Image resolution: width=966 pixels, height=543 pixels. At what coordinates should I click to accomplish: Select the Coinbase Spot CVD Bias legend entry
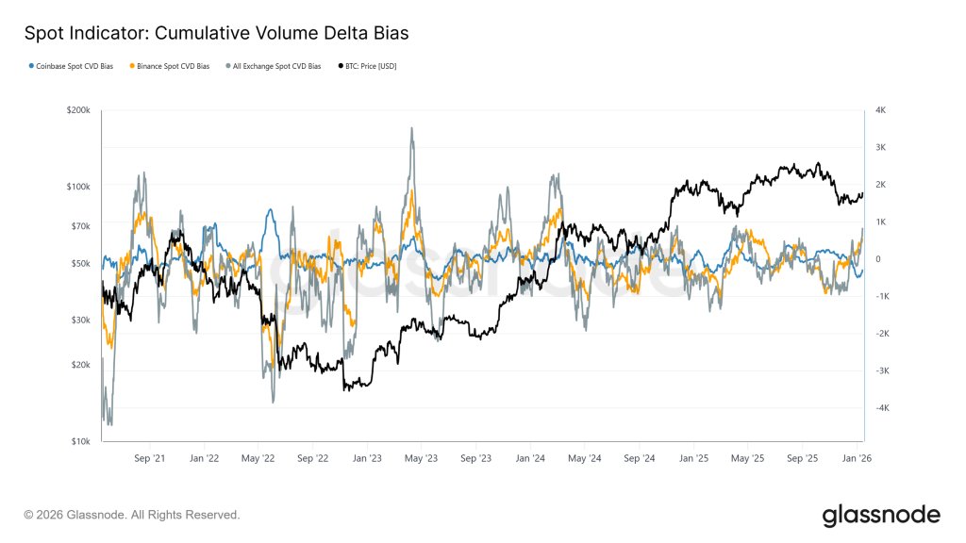pos(72,67)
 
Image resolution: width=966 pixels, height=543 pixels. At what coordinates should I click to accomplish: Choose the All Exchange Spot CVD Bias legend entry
pos(274,67)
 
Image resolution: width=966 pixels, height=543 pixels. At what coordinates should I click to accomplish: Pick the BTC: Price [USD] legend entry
pos(368,67)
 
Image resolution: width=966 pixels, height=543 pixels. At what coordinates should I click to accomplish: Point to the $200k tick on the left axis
pos(78,110)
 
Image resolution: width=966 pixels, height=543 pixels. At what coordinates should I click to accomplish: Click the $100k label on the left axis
pos(78,187)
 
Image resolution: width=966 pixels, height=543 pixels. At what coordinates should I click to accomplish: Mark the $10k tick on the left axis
pos(80,441)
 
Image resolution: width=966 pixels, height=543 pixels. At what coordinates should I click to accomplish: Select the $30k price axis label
pos(80,320)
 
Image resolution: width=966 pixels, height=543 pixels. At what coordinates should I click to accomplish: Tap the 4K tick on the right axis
pos(880,110)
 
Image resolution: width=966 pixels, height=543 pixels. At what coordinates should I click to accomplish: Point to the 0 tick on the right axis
pos(877,259)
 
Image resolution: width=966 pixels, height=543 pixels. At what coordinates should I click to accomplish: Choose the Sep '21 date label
pos(149,458)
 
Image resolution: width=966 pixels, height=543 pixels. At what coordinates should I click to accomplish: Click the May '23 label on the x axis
pos(422,458)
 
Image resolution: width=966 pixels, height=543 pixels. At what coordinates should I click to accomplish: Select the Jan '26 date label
pos(856,458)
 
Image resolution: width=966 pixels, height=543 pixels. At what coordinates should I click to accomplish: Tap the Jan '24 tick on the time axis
pos(530,458)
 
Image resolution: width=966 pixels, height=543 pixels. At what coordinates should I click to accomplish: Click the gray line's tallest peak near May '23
pos(412,128)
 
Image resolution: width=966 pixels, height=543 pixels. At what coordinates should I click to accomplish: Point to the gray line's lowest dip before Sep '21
pos(109,424)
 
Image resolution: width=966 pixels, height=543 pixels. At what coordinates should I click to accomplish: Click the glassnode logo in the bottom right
pos(880,515)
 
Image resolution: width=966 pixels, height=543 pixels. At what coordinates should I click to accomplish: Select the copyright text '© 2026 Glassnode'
pos(132,515)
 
